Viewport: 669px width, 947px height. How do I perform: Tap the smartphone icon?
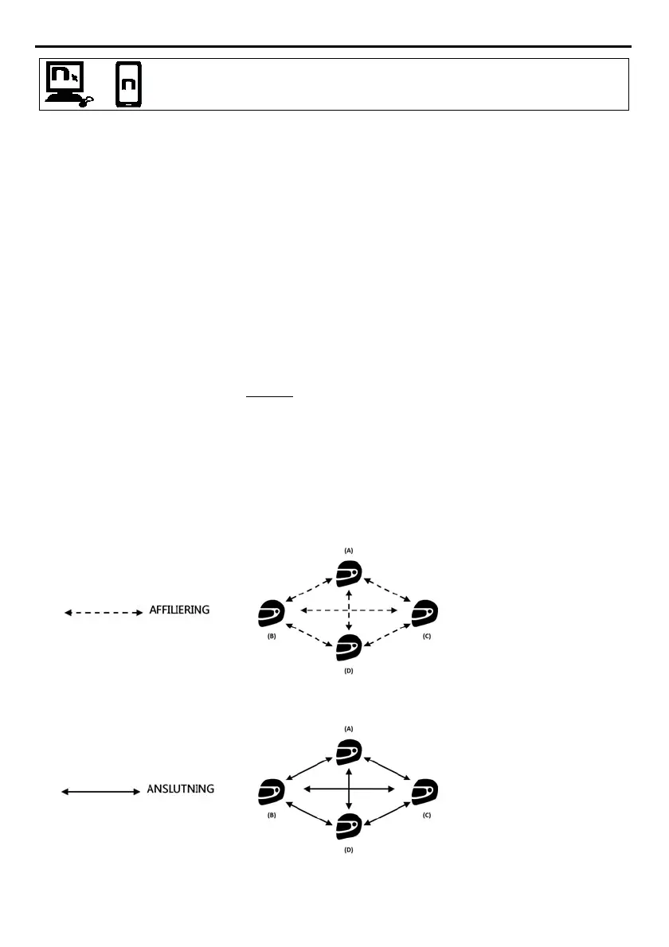point(128,84)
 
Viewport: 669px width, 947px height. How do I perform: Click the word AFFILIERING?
point(179,610)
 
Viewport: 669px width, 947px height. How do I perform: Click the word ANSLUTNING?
point(181,789)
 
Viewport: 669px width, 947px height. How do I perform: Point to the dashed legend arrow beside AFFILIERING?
point(102,613)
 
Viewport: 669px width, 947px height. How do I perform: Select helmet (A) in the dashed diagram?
point(348,574)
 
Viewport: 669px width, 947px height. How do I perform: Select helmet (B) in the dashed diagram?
point(272,614)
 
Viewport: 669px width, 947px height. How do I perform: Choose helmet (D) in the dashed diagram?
point(348,649)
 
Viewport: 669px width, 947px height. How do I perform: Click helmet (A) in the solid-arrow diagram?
point(348,752)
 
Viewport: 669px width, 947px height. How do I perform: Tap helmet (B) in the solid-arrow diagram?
point(272,792)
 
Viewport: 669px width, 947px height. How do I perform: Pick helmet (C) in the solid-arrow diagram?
point(424,792)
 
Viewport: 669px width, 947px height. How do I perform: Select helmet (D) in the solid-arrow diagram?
point(348,828)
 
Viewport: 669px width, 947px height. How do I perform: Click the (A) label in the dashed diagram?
point(348,550)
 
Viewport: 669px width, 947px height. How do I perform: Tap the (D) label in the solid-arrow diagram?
point(348,850)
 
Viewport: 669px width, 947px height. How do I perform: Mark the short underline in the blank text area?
point(270,396)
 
